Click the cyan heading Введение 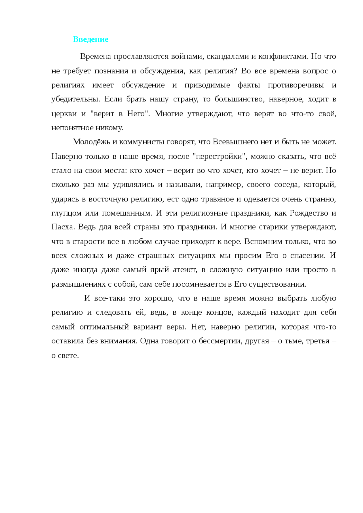pos(90,39)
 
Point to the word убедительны pos(75,99)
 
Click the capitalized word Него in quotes pos(136,114)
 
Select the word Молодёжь pos(91,142)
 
